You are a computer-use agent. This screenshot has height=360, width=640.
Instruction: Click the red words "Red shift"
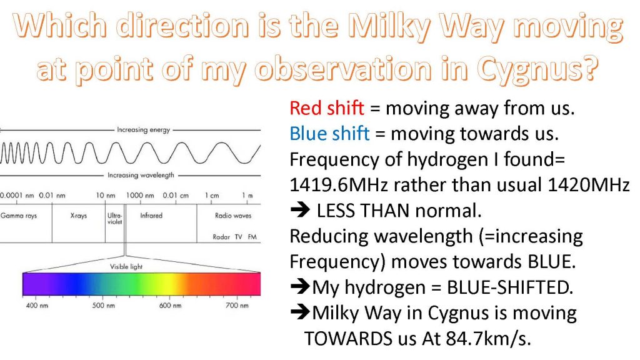326,108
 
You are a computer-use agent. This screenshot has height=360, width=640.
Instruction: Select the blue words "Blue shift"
329,134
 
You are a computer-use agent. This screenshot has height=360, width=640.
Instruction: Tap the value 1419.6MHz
338,185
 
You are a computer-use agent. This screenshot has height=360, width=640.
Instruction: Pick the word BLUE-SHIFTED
510,287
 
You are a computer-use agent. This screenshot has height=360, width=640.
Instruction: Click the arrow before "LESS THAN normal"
301,210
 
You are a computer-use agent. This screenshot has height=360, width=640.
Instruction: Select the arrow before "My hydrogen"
301,286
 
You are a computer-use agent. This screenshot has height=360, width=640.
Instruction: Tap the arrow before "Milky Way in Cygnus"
301,312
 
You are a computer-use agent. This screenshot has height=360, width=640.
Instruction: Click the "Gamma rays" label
19,216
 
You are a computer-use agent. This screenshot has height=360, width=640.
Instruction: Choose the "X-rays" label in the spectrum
78,216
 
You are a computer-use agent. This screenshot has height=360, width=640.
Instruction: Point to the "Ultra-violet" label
115,218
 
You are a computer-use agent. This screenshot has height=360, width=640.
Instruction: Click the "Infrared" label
151,216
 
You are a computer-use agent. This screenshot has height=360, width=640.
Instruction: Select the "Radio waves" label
233,216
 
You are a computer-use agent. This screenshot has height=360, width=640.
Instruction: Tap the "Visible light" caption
126,266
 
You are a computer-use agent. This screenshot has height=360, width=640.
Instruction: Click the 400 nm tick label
37,305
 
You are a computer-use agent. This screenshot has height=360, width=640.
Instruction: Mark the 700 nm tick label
237,305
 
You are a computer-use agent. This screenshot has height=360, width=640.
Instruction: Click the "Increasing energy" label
143,130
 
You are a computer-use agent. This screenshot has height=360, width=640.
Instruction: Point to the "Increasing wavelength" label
141,175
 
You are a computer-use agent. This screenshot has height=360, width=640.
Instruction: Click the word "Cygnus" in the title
537,69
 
